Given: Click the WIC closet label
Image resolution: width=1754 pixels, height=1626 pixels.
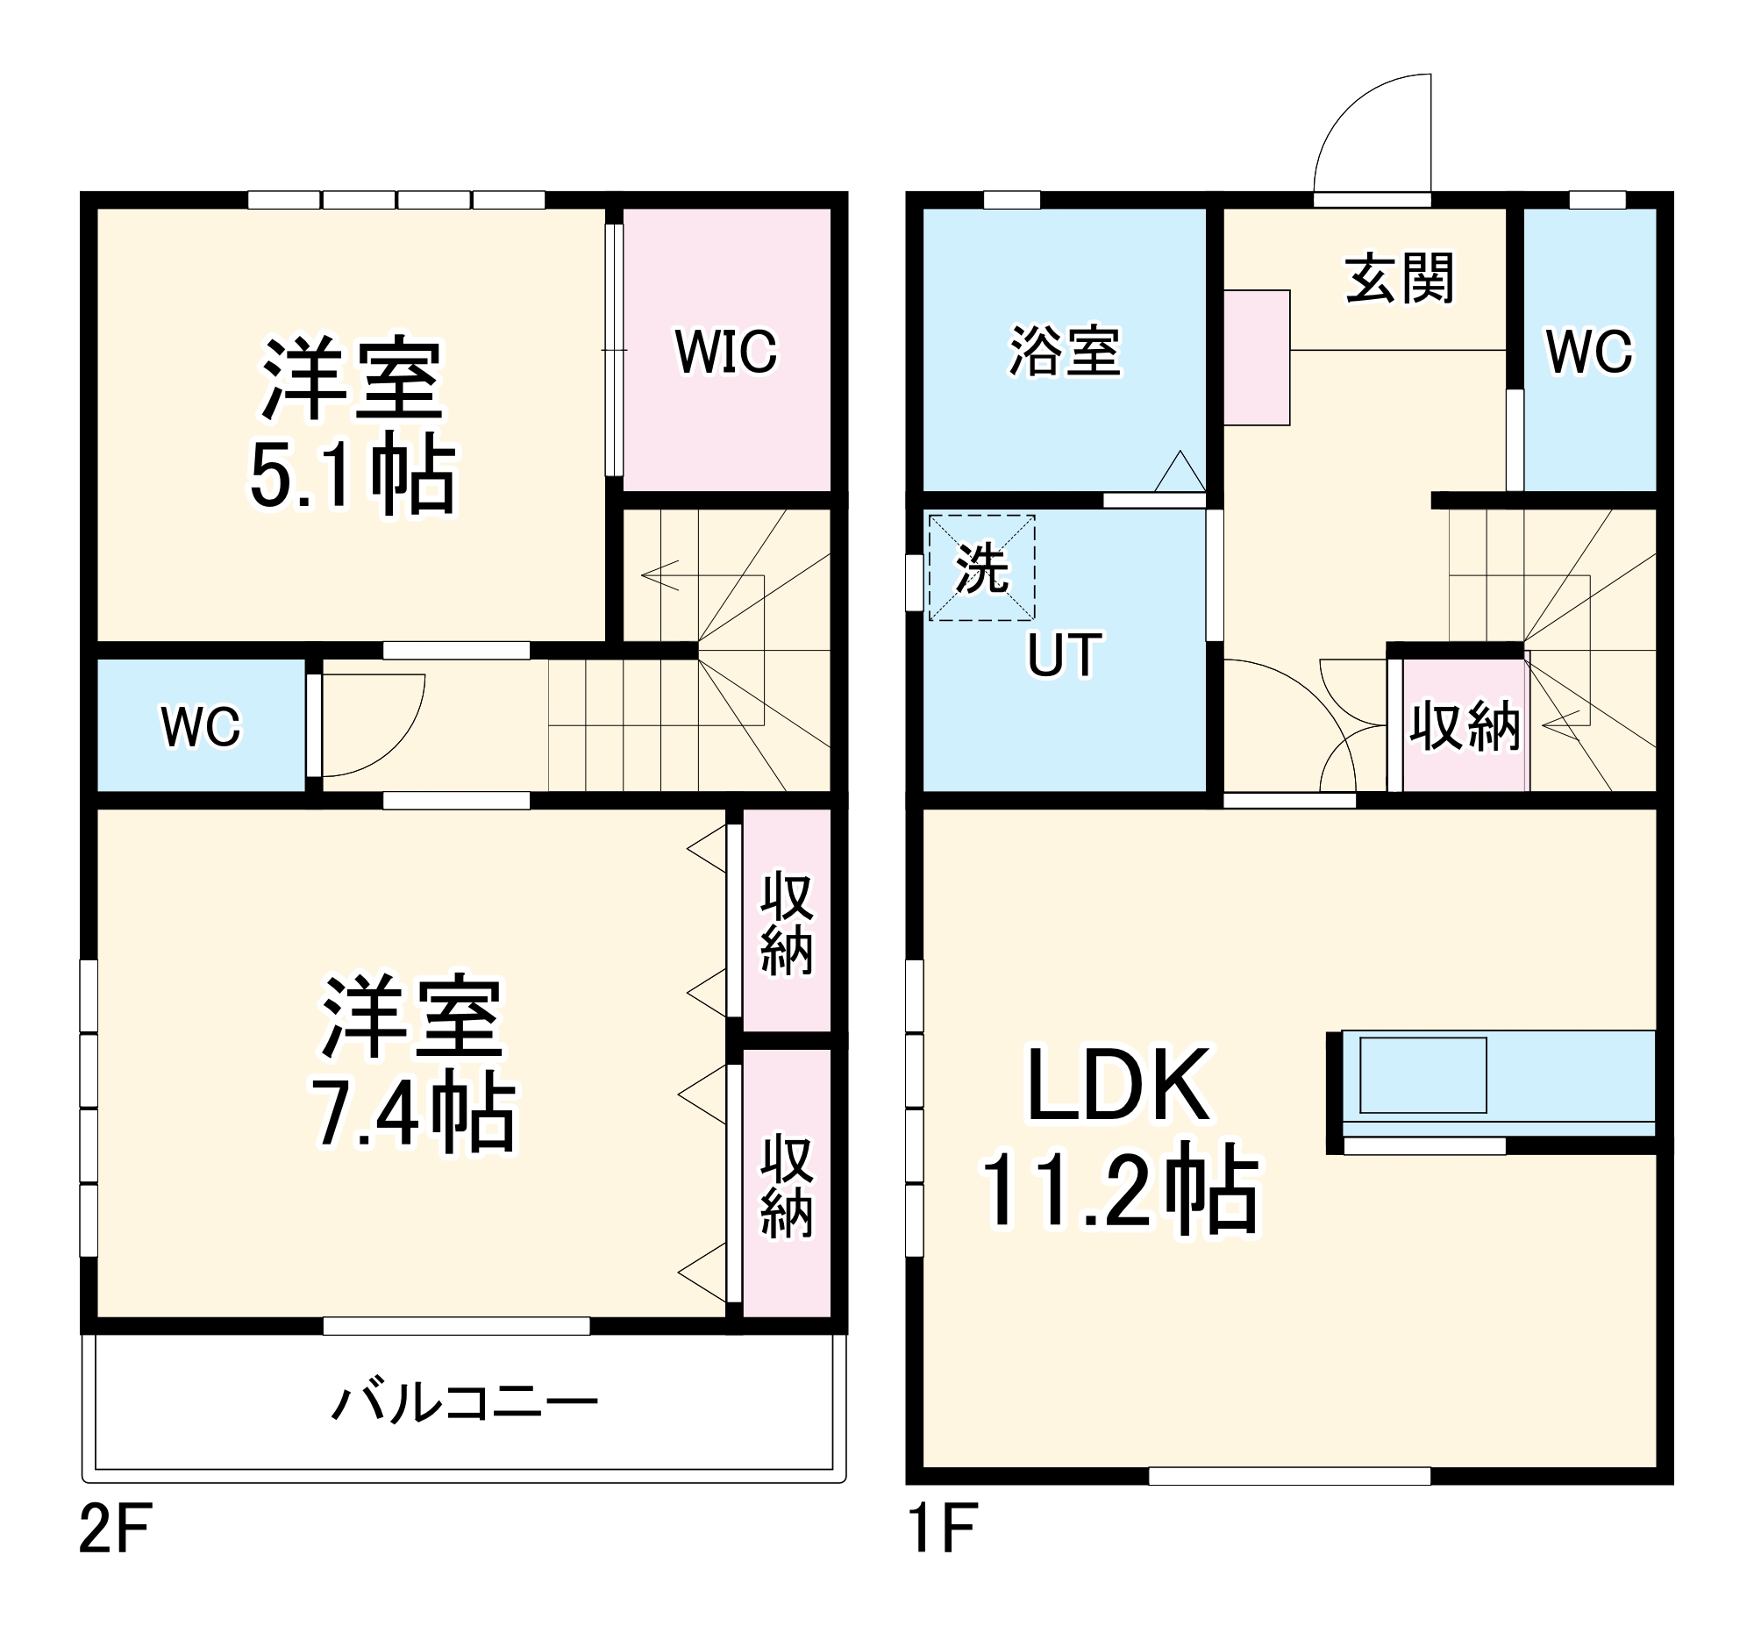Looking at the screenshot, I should (725, 351).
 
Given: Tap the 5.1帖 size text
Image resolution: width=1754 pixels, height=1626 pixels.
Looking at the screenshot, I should (353, 478).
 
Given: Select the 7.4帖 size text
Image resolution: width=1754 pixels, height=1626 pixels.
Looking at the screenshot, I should (414, 1113).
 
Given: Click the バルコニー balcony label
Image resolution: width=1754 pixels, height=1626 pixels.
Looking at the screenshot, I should (464, 1402).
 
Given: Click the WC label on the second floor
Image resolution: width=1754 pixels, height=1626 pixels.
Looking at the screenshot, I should (201, 727).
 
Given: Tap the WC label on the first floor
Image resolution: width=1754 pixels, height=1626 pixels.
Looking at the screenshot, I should (1588, 351).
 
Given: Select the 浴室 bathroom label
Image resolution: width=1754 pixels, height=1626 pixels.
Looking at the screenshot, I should (1065, 351).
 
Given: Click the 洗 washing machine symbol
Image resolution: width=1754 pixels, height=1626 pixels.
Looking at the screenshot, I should (981, 568).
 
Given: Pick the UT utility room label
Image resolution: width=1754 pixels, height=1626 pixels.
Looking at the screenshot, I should (1065, 655).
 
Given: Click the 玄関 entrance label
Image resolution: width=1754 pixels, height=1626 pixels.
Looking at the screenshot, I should (1400, 278).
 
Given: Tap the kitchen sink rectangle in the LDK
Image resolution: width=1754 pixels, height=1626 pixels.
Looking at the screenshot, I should (1422, 1075).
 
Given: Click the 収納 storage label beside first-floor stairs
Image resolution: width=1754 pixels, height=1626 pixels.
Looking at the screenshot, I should (1465, 727).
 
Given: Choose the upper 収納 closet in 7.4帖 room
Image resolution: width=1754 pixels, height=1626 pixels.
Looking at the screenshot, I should (787, 924).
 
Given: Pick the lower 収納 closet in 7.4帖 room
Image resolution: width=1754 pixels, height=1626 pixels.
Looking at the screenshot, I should (787, 1186).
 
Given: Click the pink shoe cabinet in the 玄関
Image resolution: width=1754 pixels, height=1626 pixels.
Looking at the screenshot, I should (1256, 357).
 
